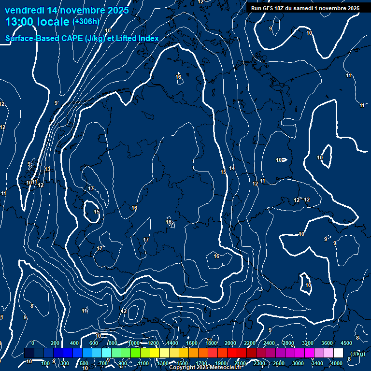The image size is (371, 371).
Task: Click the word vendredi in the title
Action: [24, 10]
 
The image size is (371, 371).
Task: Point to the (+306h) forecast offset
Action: [86, 21]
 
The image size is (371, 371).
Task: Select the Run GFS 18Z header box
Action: [305, 8]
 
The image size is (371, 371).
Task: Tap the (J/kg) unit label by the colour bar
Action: [357, 354]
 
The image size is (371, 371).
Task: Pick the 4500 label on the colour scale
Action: [346, 343]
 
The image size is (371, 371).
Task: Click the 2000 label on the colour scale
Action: [230, 343]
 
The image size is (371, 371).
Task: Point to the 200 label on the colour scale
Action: [55, 343]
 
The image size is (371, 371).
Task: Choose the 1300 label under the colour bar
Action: [163, 363]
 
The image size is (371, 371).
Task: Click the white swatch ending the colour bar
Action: [339, 353]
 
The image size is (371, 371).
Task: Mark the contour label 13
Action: [47, 169]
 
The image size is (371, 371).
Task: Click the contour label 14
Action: [232, 168]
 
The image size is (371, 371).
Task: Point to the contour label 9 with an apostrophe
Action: [57, 103]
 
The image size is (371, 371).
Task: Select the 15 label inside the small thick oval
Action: [97, 212]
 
